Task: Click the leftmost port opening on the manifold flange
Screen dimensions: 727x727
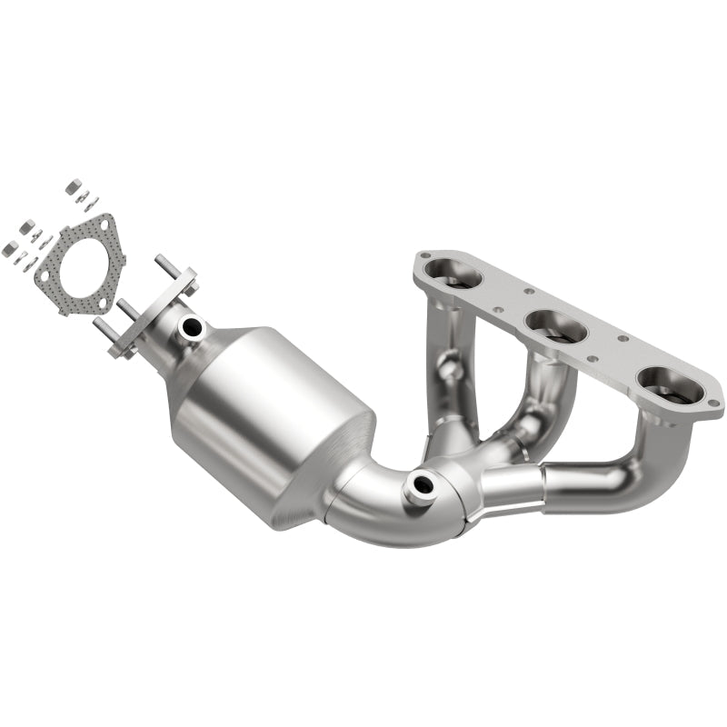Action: click(x=451, y=272)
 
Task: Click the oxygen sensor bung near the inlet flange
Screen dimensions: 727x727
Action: click(x=191, y=325)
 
